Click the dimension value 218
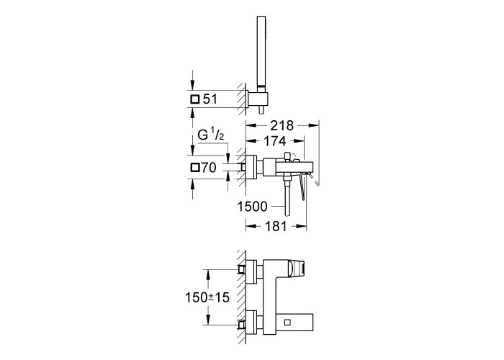(x=282, y=125)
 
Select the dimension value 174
(x=274, y=141)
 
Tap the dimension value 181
(x=276, y=226)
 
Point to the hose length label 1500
(x=252, y=207)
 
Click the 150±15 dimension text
(x=207, y=297)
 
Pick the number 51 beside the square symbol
(x=210, y=99)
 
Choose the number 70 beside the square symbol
(x=209, y=168)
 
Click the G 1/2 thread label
(x=210, y=135)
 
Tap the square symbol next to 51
(x=195, y=99)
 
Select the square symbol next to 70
(x=195, y=168)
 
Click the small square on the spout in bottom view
(x=288, y=322)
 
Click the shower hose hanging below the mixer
(x=287, y=197)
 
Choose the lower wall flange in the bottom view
(x=252, y=322)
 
